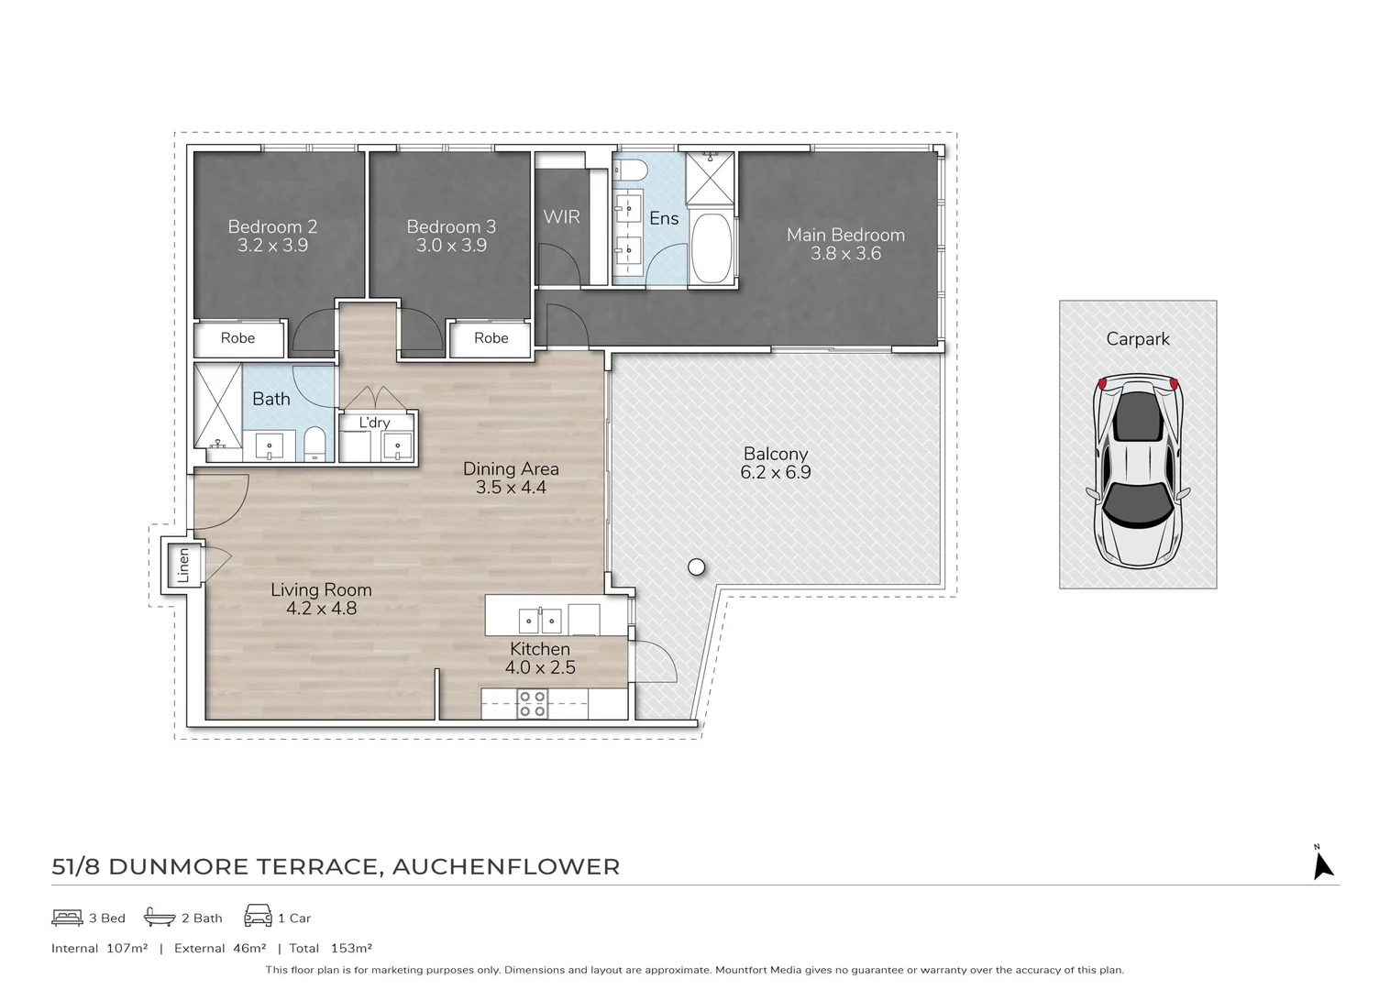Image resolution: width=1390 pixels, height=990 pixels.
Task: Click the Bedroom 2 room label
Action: point(272,226)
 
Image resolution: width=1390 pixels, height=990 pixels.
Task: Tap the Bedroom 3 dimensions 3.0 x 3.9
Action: point(451,246)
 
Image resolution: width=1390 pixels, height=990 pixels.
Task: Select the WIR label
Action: point(561,217)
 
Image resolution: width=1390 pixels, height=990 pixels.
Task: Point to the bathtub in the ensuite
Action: point(712,249)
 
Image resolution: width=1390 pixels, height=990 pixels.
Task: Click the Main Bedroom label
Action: point(845,235)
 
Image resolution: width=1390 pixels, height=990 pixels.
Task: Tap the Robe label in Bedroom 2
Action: point(237,338)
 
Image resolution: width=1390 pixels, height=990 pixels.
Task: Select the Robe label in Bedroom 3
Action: point(491,338)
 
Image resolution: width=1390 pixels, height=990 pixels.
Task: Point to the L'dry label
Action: point(374,423)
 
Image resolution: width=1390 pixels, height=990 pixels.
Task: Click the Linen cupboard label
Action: point(183,565)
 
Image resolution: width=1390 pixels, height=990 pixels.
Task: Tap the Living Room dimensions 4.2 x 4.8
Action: point(322,609)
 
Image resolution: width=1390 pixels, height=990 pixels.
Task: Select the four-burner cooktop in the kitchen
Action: point(533,703)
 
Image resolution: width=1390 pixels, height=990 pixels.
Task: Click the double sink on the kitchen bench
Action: point(540,620)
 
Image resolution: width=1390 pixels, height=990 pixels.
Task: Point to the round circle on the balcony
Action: point(696,566)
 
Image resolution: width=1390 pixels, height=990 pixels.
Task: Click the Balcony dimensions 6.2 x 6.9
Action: point(776,473)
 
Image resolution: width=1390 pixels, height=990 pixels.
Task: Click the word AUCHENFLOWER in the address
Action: point(506,867)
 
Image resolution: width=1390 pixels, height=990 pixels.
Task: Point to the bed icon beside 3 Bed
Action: point(67,918)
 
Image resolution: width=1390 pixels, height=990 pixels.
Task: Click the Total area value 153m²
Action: point(351,949)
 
